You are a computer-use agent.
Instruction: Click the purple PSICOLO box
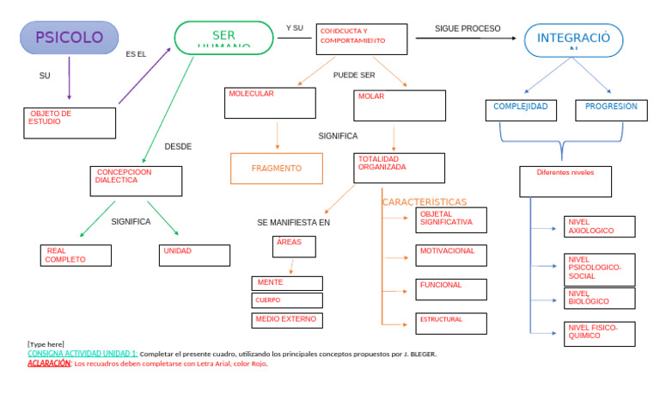click(69, 38)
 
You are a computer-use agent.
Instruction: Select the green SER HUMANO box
click(223, 38)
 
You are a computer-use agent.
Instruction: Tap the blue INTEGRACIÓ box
click(573, 40)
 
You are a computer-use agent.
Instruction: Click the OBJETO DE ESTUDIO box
click(70, 122)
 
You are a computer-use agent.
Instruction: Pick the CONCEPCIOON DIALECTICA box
click(137, 181)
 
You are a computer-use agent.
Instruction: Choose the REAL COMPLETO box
click(76, 255)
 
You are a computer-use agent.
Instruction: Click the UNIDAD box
click(194, 255)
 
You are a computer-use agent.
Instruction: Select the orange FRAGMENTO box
click(277, 169)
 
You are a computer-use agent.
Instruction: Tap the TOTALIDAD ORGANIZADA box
click(399, 168)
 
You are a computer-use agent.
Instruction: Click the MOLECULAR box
click(270, 102)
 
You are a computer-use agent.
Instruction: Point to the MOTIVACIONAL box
click(450, 255)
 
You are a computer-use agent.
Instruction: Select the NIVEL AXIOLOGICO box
click(599, 226)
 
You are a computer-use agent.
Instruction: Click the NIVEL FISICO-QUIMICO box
click(599, 332)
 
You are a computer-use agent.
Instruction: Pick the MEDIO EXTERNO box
click(288, 320)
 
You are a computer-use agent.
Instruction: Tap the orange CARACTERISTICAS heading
click(425, 202)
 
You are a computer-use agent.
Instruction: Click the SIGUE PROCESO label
click(467, 28)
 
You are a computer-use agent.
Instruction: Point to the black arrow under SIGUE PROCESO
click(467, 39)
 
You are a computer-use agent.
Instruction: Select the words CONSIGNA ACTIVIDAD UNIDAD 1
click(82, 354)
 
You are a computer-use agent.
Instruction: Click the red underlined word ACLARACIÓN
click(49, 363)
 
